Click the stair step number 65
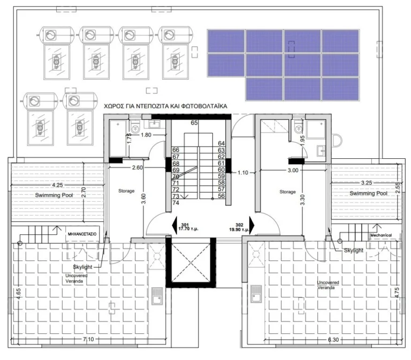(x=194, y=123)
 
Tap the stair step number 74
(x=176, y=203)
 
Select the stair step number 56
(x=220, y=196)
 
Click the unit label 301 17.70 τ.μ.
(x=185, y=227)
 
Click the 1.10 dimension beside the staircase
(x=244, y=173)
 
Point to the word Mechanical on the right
(x=380, y=235)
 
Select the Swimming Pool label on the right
(x=369, y=193)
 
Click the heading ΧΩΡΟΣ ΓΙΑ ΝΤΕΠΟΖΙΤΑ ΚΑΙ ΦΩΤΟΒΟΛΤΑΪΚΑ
(x=166, y=107)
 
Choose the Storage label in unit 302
(x=288, y=191)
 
